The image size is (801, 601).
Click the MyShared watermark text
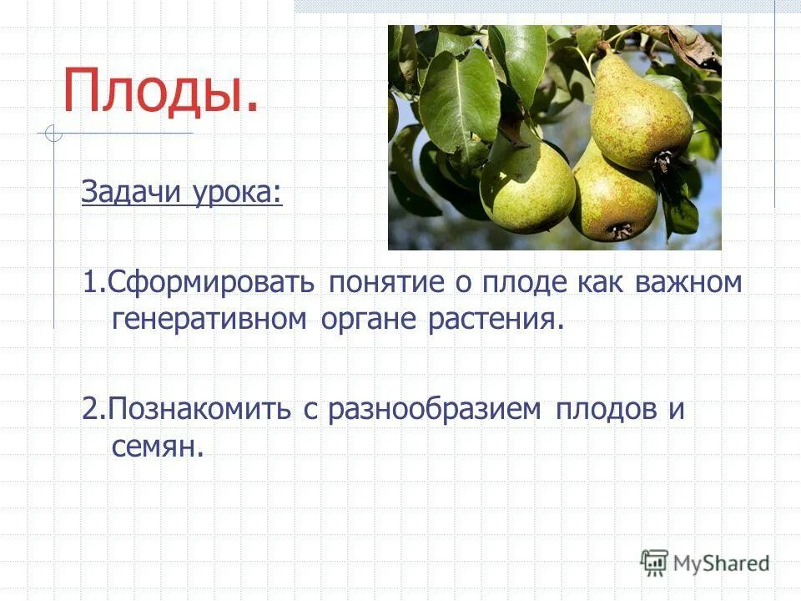[721, 563]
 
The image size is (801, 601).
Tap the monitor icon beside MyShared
[655, 562]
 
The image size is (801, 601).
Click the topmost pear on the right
[640, 114]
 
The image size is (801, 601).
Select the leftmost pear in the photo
[527, 188]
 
